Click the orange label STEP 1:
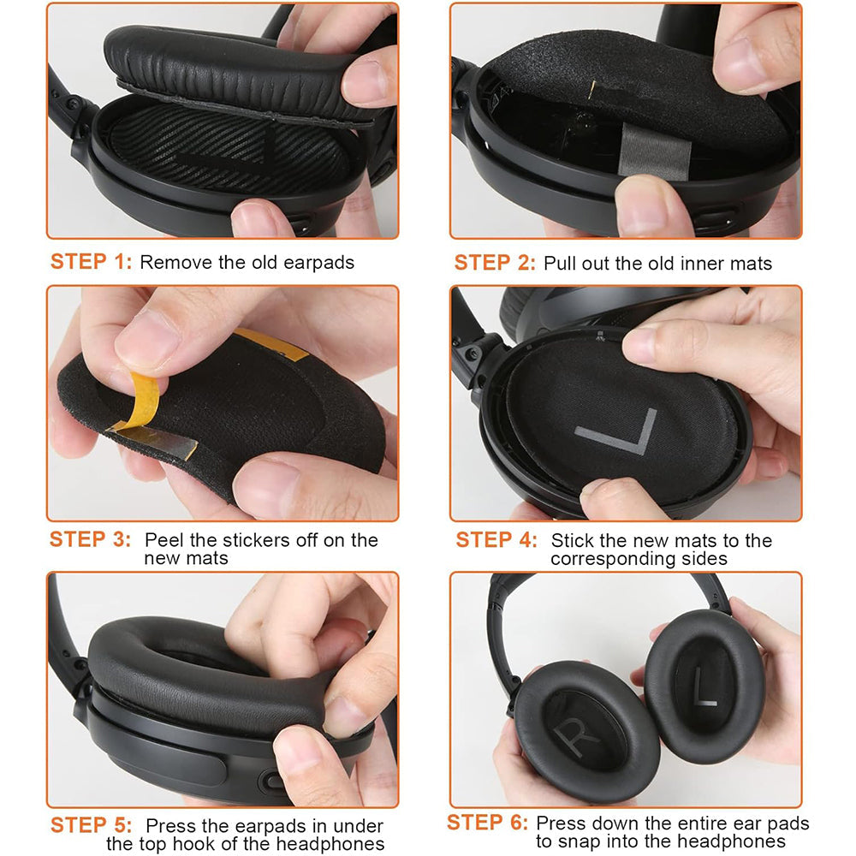(x=91, y=262)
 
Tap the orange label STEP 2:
(x=495, y=262)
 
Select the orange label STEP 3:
(x=91, y=540)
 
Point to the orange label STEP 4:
(x=496, y=540)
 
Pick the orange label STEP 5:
(x=92, y=826)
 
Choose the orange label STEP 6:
(x=488, y=823)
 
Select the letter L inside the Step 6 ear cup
(x=705, y=685)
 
